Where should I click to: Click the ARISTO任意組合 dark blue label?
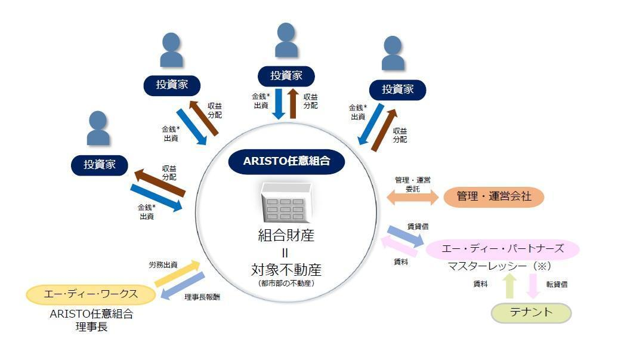(286, 161)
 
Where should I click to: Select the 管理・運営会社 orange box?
(493, 196)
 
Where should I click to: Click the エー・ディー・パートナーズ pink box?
(502, 249)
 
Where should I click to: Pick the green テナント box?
(531, 312)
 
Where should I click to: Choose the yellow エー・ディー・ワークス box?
(91, 294)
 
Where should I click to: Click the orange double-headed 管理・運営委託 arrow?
(412, 198)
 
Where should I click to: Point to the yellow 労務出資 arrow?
(178, 273)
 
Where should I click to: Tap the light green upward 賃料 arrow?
(509, 285)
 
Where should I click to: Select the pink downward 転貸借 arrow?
(533, 285)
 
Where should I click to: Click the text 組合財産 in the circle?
(286, 235)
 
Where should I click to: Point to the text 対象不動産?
(286, 270)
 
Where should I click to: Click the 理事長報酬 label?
(202, 297)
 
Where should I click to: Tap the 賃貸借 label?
(418, 226)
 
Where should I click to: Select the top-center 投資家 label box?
(286, 76)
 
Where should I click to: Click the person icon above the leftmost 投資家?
(98, 128)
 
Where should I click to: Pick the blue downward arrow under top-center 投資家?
(279, 104)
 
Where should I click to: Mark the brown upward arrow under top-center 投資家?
(293, 103)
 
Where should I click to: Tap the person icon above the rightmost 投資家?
(393, 53)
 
